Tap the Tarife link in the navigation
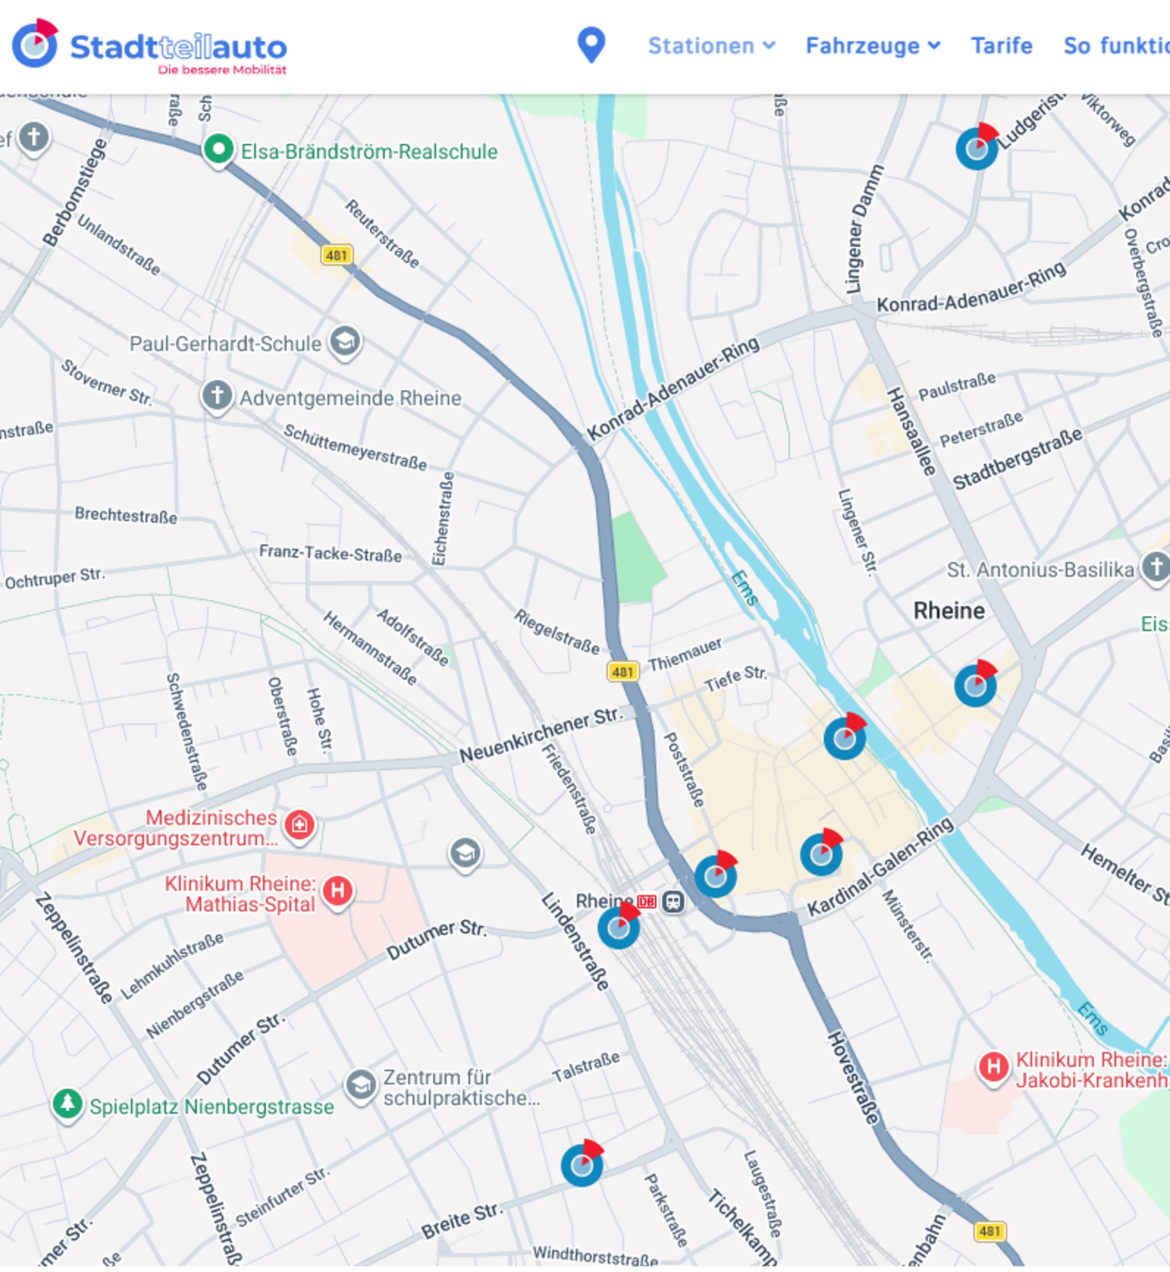(x=1002, y=45)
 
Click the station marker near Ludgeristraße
(x=976, y=148)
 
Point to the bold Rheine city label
(x=949, y=611)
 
